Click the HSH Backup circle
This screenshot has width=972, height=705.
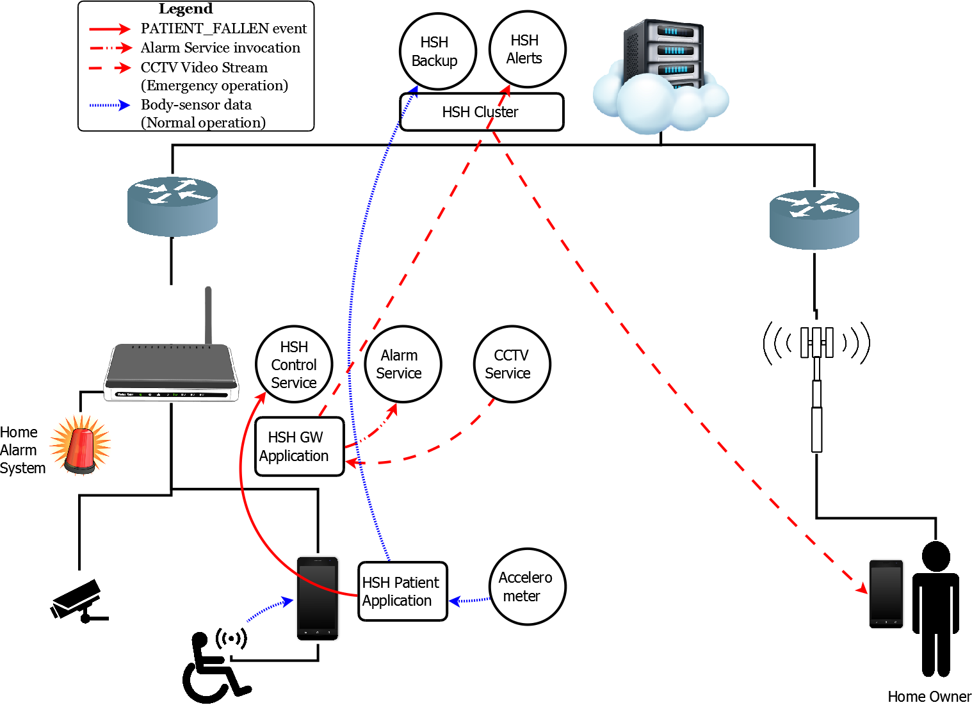tap(437, 51)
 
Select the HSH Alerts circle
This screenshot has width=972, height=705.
tap(527, 49)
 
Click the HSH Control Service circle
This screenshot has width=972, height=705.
tap(294, 364)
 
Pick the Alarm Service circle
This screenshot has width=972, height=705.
tap(403, 364)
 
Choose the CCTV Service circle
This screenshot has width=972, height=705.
tap(512, 364)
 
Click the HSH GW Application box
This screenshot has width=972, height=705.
tap(299, 446)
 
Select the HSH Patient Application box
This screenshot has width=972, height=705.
tap(402, 591)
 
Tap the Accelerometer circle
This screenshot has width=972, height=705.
tap(527, 587)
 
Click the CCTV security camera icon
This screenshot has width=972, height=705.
tap(78, 601)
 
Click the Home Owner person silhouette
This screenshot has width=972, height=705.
tap(936, 608)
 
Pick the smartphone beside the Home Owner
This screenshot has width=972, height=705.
tap(886, 594)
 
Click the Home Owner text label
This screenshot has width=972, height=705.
tap(929, 697)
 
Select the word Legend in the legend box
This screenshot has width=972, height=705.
tap(186, 9)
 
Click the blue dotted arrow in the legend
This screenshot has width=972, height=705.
tap(109, 105)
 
